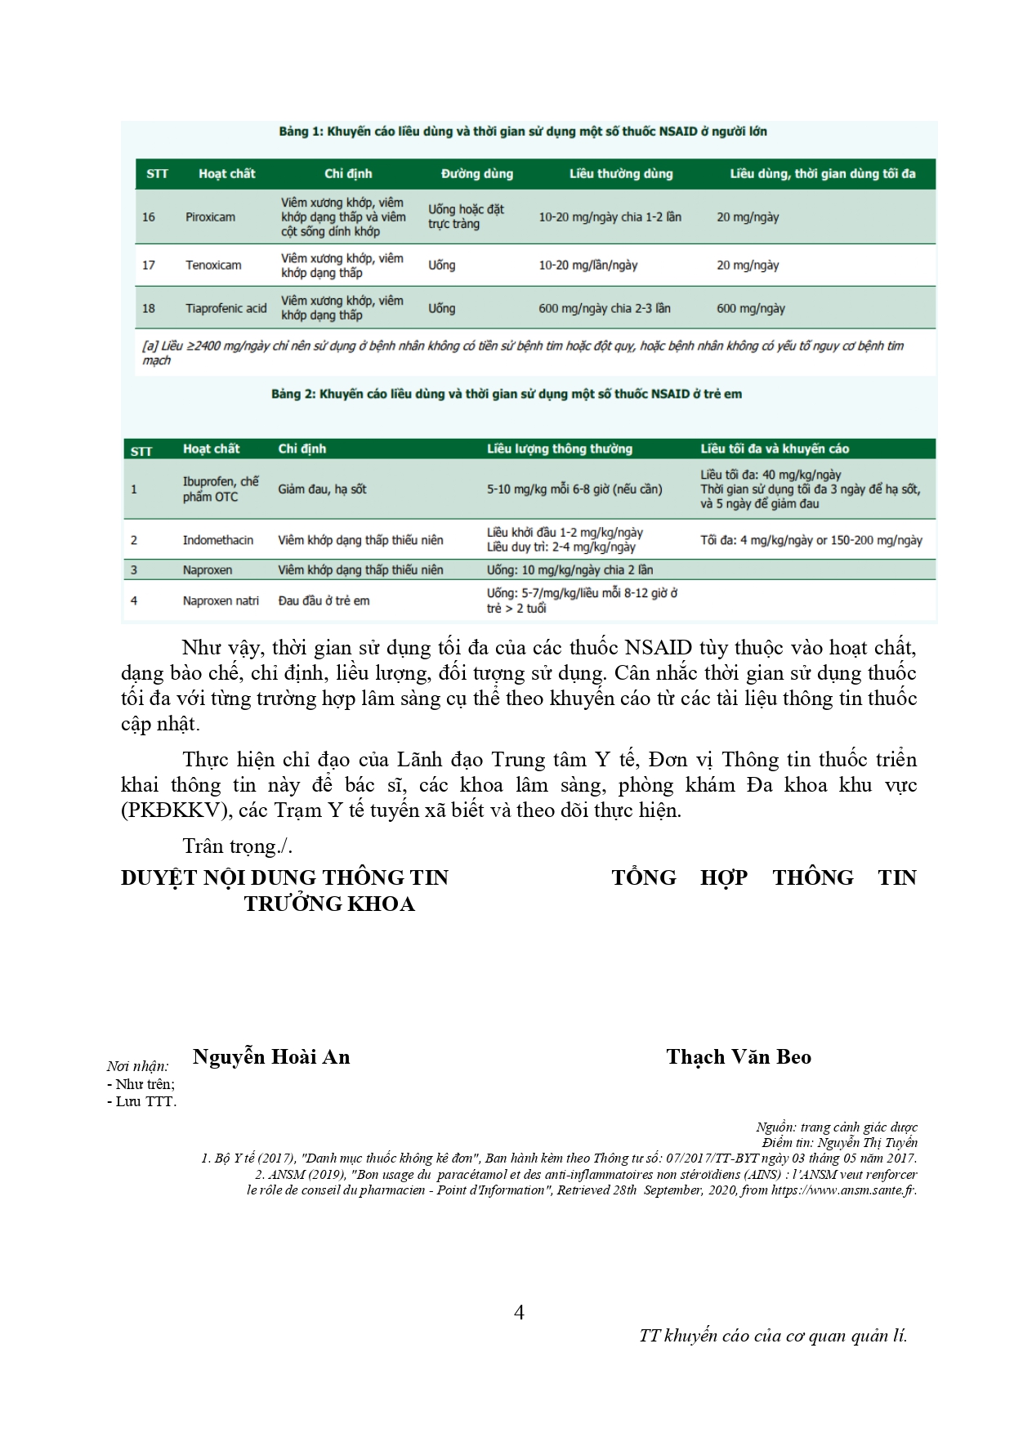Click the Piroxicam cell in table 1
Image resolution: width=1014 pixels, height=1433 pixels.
click(210, 217)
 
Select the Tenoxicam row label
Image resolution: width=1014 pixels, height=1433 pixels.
click(213, 266)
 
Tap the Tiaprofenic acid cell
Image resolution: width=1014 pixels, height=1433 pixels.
click(226, 309)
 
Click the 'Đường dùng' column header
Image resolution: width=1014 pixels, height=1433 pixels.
click(477, 174)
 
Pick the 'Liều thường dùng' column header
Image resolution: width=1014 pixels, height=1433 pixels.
click(621, 174)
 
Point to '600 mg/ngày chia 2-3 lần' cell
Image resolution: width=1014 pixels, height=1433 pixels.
click(604, 309)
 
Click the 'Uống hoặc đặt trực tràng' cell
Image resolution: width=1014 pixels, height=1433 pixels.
click(466, 217)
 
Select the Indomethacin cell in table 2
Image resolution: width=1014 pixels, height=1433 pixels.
click(217, 540)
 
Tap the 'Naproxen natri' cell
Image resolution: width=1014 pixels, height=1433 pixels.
click(221, 601)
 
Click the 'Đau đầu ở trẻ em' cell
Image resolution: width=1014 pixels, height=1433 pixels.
click(324, 601)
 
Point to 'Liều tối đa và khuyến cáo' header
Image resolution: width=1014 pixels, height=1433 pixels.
click(774, 449)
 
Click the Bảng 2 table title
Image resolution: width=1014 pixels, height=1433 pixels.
click(507, 395)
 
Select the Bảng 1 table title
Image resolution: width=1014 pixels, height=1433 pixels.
click(523, 132)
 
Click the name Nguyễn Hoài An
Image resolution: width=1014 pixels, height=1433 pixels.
click(271, 1057)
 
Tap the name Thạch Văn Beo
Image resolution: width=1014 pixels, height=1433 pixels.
click(739, 1057)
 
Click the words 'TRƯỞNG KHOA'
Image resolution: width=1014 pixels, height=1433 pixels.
click(329, 904)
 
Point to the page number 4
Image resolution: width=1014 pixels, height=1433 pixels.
click(519, 1313)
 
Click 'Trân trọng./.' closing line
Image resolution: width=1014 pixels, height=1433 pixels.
click(237, 846)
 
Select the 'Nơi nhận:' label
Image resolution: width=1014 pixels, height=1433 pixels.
click(138, 1066)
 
